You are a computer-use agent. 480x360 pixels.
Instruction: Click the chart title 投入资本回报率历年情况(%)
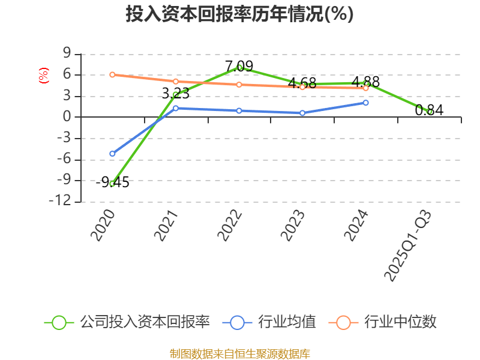pos(239,14)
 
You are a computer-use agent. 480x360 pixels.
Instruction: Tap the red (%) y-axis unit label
pos(43,76)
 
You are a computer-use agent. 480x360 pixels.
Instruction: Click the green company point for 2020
pos(112,184)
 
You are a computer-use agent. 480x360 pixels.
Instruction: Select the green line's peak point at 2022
pos(239,67)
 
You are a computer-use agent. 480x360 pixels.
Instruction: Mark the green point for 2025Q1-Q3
pos(430,112)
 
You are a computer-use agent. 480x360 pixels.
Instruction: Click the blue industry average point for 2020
pos(112,154)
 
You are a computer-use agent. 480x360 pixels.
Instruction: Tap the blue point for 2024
pos(366,103)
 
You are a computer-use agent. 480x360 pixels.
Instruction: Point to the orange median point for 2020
pos(112,74)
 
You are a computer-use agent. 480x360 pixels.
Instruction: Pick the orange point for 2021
pos(175,81)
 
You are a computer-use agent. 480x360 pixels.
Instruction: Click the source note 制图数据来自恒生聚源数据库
pos(239,353)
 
